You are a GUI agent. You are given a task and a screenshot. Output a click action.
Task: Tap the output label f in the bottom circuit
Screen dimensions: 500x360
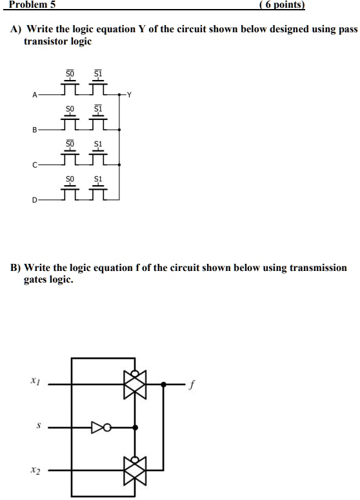(x=191, y=385)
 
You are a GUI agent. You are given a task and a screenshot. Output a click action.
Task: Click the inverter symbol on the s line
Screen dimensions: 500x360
(x=99, y=427)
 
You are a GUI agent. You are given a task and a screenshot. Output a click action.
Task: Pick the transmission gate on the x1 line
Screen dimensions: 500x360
(x=135, y=385)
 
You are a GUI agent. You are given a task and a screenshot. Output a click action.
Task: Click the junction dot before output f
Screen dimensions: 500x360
(x=164, y=385)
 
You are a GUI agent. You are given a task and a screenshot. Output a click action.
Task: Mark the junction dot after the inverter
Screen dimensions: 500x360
(x=135, y=427)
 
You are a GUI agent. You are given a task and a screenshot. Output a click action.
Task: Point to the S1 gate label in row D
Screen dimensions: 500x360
(x=98, y=177)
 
